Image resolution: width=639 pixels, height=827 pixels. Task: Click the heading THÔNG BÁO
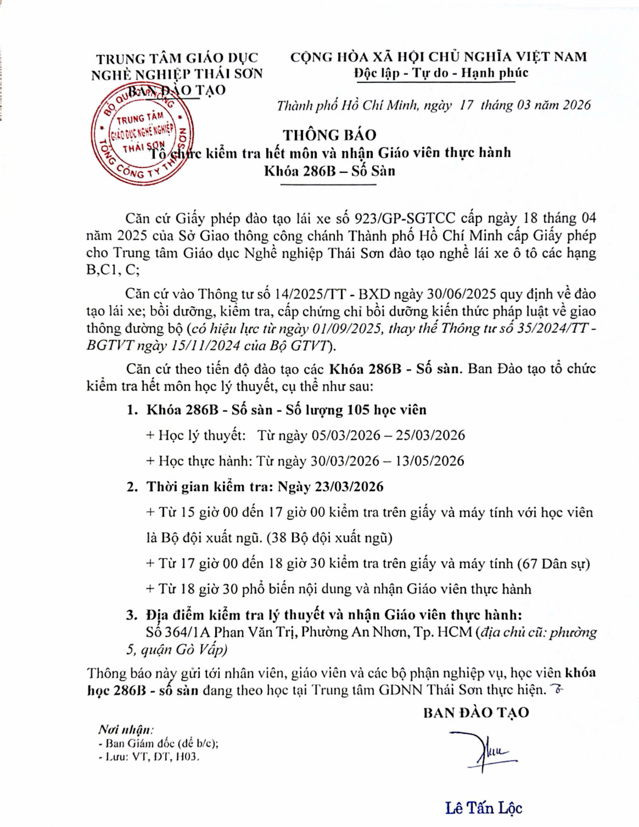(330, 135)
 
